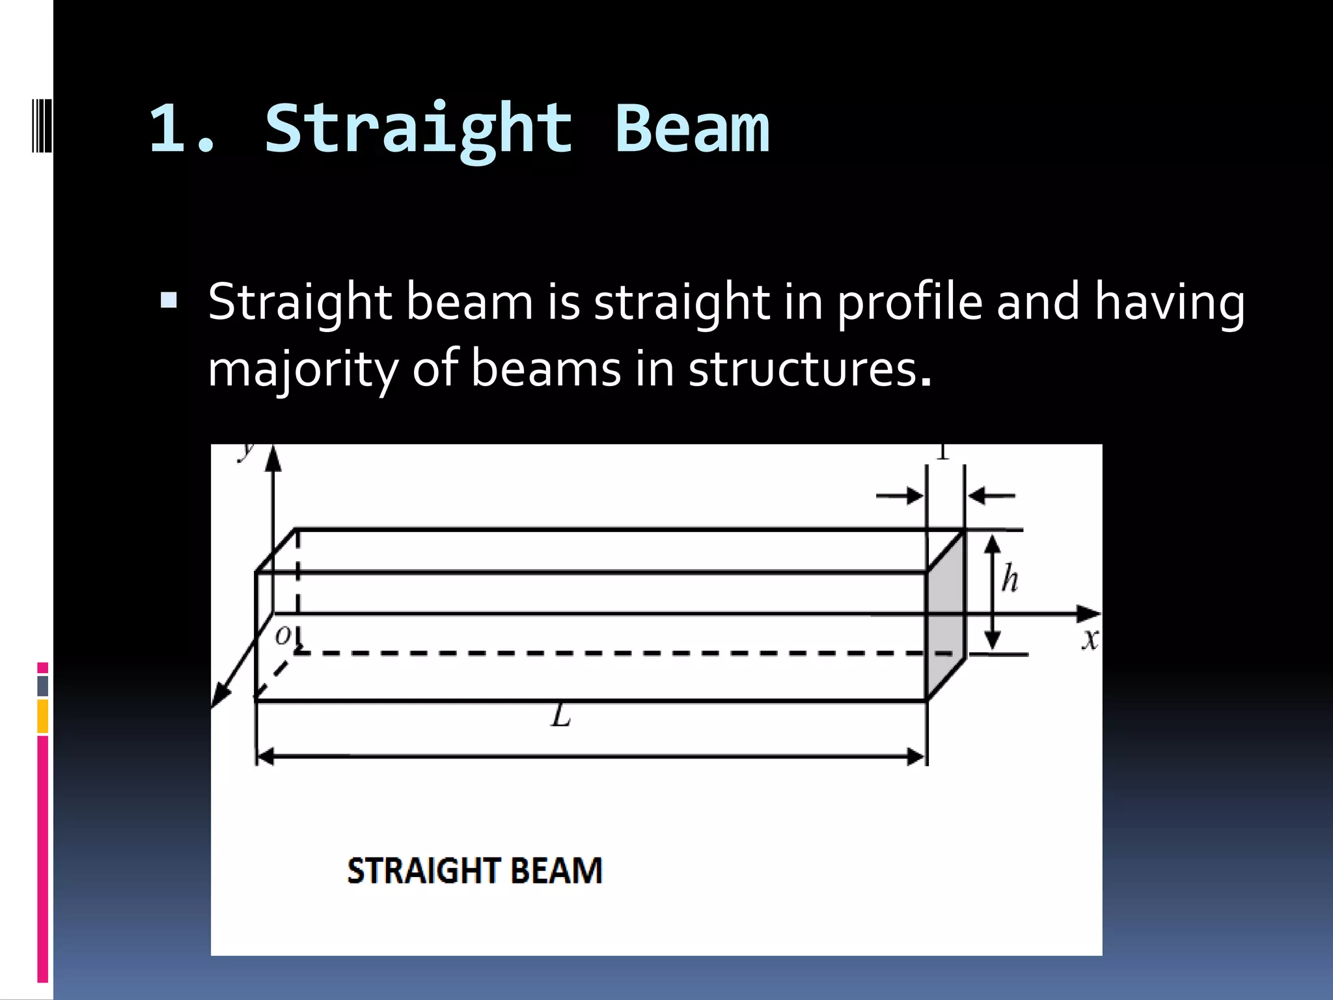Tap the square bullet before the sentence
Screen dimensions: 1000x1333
(x=169, y=300)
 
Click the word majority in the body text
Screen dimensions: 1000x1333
(x=301, y=370)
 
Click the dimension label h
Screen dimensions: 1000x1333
(x=1010, y=578)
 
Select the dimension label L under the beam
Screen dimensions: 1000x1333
(x=560, y=716)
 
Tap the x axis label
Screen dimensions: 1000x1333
(x=1090, y=639)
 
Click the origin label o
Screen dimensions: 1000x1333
(x=282, y=634)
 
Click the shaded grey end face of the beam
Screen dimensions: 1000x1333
(x=945, y=615)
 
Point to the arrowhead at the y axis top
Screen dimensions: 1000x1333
(x=273, y=458)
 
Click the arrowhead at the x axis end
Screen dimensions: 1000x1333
(x=1088, y=613)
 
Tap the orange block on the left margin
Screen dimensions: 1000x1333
(x=42, y=715)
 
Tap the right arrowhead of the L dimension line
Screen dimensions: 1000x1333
(x=916, y=757)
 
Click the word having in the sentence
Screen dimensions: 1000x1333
(x=1169, y=303)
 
